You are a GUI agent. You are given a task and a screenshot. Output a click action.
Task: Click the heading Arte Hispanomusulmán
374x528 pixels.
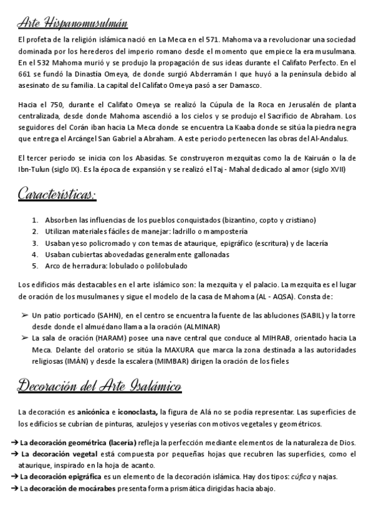point(74,24)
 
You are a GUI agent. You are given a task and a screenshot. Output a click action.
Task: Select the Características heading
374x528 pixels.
point(57,196)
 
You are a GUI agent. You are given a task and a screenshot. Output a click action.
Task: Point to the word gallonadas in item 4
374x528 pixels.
point(207,254)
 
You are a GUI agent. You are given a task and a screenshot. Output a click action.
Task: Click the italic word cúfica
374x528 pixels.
point(304,476)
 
